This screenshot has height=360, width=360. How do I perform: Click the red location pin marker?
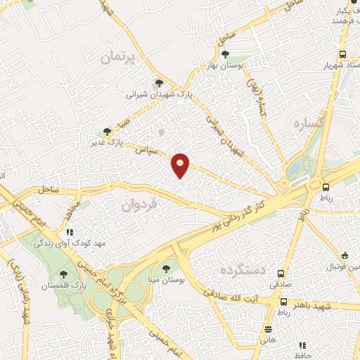tap(181, 166)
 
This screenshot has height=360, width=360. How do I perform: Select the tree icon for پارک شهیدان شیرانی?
tap(159, 83)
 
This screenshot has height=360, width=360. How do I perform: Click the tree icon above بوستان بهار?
tap(225, 53)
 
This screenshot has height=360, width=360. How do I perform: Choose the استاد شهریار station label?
tap(336, 65)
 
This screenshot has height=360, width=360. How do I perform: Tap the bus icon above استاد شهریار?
tap(342, 54)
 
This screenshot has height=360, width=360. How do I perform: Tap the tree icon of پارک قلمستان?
tap(64, 275)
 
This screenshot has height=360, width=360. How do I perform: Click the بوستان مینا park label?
tap(167, 279)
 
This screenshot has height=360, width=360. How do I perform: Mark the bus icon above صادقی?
tap(281, 274)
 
